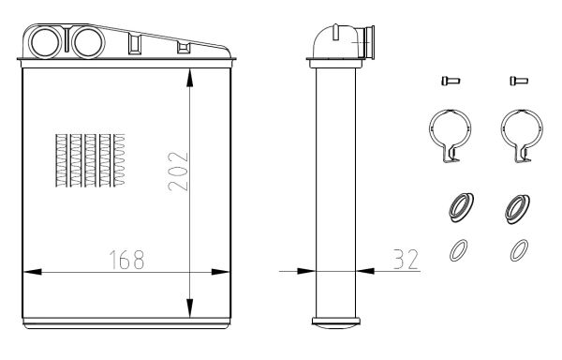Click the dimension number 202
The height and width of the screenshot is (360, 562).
coord(178,171)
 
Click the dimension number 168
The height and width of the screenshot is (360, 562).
coord(126,260)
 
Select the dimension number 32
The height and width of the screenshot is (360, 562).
coord(406,259)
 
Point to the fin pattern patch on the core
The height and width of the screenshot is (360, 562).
coord(90,160)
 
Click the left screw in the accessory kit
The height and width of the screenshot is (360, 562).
coord(451,81)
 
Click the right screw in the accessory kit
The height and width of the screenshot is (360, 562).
coord(519,81)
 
